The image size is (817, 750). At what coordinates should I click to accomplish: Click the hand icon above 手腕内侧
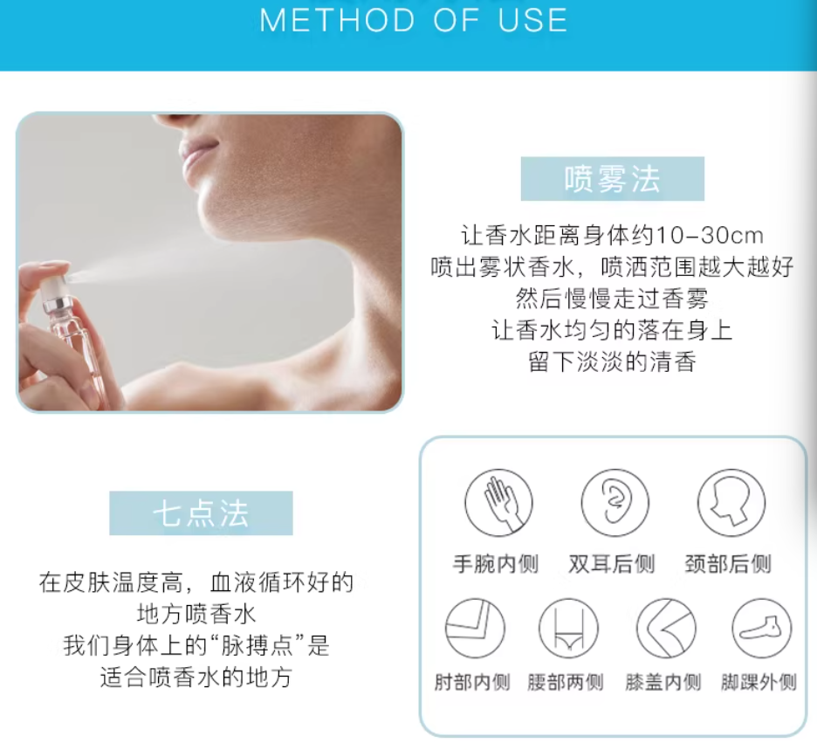[498, 502]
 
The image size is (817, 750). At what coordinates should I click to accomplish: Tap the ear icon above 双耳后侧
[614, 502]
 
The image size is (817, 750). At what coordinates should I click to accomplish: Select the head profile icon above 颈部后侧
[731, 502]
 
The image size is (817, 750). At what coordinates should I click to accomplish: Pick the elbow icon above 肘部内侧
[475, 628]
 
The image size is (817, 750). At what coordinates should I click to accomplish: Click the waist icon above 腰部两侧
[568, 628]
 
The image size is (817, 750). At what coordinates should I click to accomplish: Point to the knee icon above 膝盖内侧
[666, 628]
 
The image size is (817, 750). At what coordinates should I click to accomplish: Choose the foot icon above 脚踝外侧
[761, 628]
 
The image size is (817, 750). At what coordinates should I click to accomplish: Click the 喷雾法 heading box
[612, 179]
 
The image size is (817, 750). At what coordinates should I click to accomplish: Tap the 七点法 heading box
[201, 513]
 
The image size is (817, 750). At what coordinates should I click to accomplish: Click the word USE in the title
[532, 21]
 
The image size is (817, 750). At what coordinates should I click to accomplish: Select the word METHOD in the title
[337, 21]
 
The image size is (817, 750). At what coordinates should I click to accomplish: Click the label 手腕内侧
[496, 564]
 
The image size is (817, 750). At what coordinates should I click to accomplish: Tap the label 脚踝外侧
[759, 682]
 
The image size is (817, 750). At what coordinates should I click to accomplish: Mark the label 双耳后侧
[612, 564]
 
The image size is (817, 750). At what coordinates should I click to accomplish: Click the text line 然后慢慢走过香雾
[612, 299]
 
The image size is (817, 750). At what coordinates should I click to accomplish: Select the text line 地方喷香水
[196, 615]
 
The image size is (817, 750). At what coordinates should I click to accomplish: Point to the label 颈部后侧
[728, 564]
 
